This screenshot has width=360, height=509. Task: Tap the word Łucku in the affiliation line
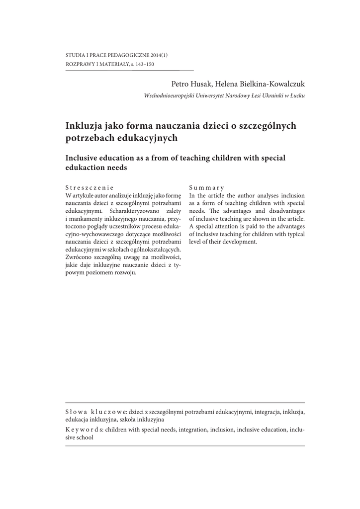[297, 95]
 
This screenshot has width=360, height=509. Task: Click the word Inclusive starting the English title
[85, 158]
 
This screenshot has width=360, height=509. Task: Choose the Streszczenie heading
[90, 188]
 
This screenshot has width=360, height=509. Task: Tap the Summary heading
[207, 188]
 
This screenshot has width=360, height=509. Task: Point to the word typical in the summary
[293, 234]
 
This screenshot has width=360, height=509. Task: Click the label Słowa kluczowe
[95, 412]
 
